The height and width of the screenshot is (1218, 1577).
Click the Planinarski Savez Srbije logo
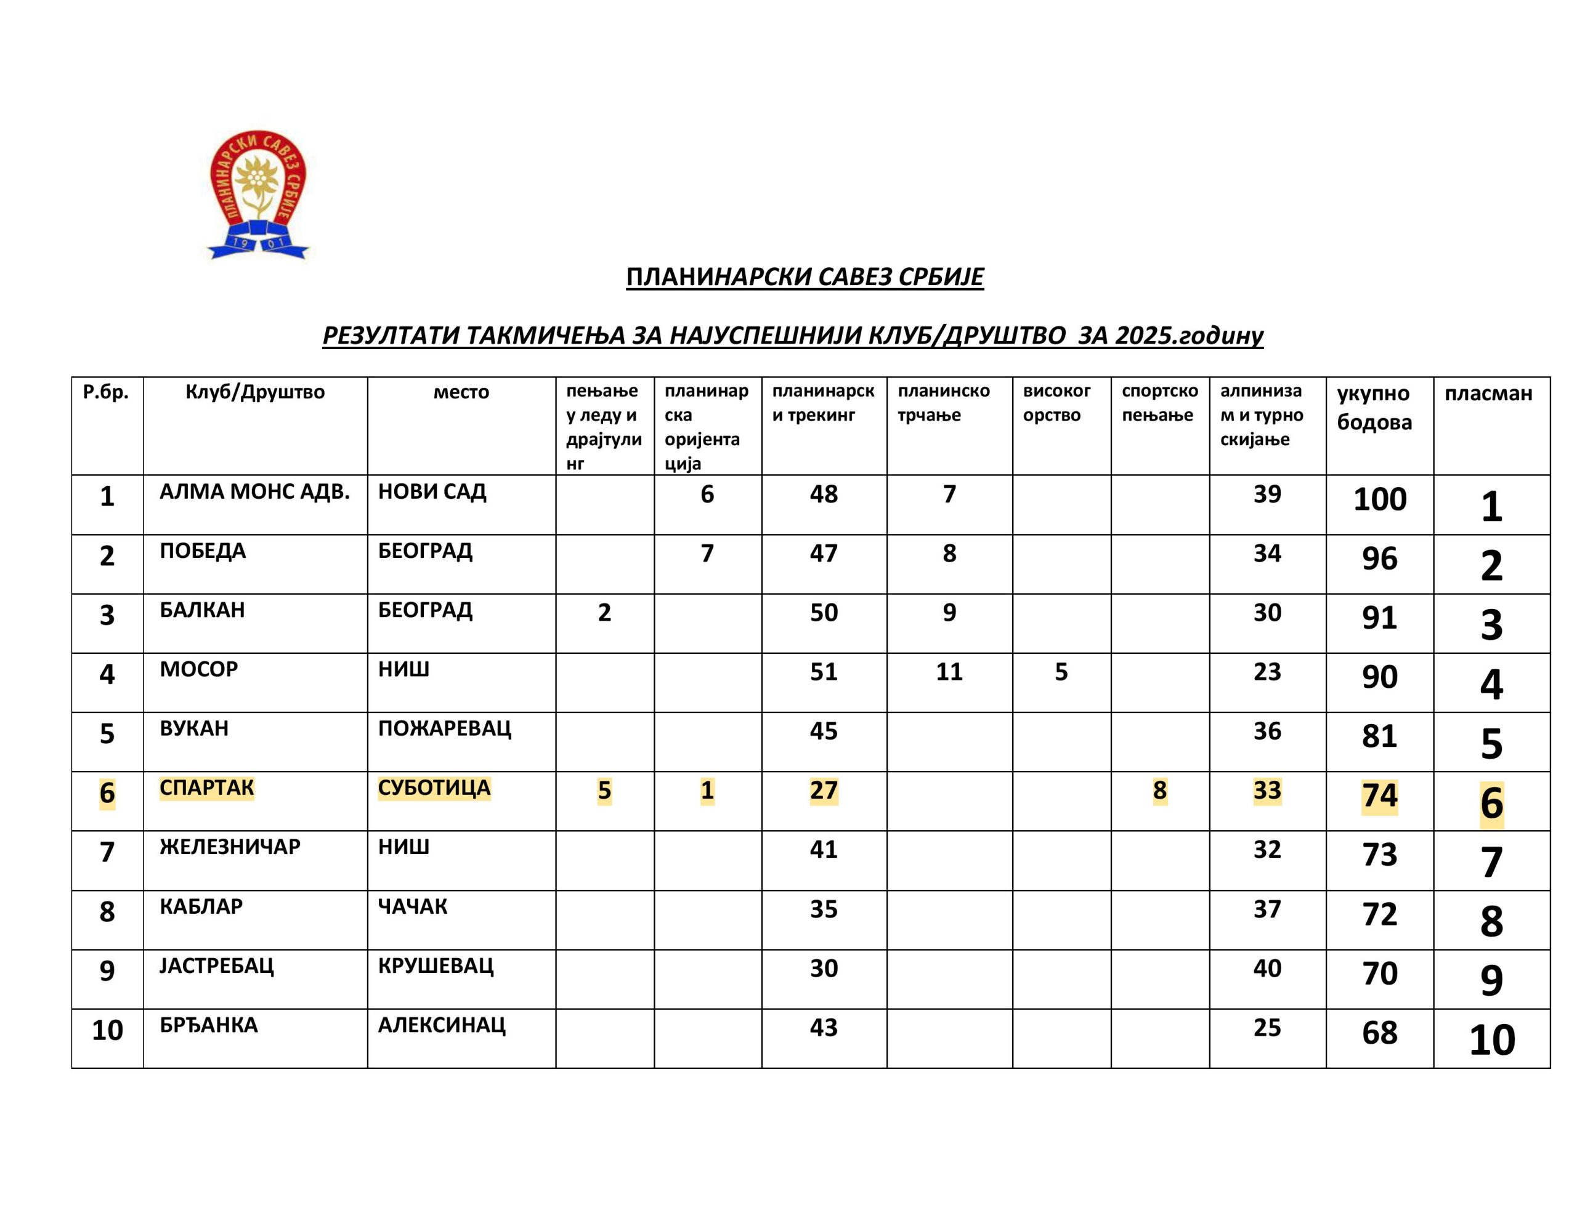[257, 195]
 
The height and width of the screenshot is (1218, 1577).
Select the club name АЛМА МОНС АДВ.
[254, 491]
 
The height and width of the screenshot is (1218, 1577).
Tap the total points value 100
[1379, 499]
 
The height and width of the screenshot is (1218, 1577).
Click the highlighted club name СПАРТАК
[206, 788]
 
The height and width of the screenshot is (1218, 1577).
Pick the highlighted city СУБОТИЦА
[434, 788]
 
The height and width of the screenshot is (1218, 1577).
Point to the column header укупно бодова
[1373, 408]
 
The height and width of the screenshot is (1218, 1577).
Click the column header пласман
[1488, 393]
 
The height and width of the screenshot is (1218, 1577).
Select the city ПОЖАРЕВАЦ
[444, 728]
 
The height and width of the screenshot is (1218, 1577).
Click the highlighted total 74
[1379, 796]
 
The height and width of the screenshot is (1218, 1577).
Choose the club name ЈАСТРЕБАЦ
[217, 966]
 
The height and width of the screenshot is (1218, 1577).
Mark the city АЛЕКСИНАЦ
[441, 1025]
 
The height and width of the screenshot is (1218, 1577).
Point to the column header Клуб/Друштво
[255, 392]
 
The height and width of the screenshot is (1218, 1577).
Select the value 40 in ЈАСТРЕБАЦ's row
[1267, 968]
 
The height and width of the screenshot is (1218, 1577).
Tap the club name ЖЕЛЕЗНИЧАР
[230, 847]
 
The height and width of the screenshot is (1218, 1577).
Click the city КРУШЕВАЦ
[436, 966]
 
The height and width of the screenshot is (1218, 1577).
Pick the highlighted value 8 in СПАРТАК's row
[1159, 791]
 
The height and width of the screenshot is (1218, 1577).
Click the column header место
[461, 392]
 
